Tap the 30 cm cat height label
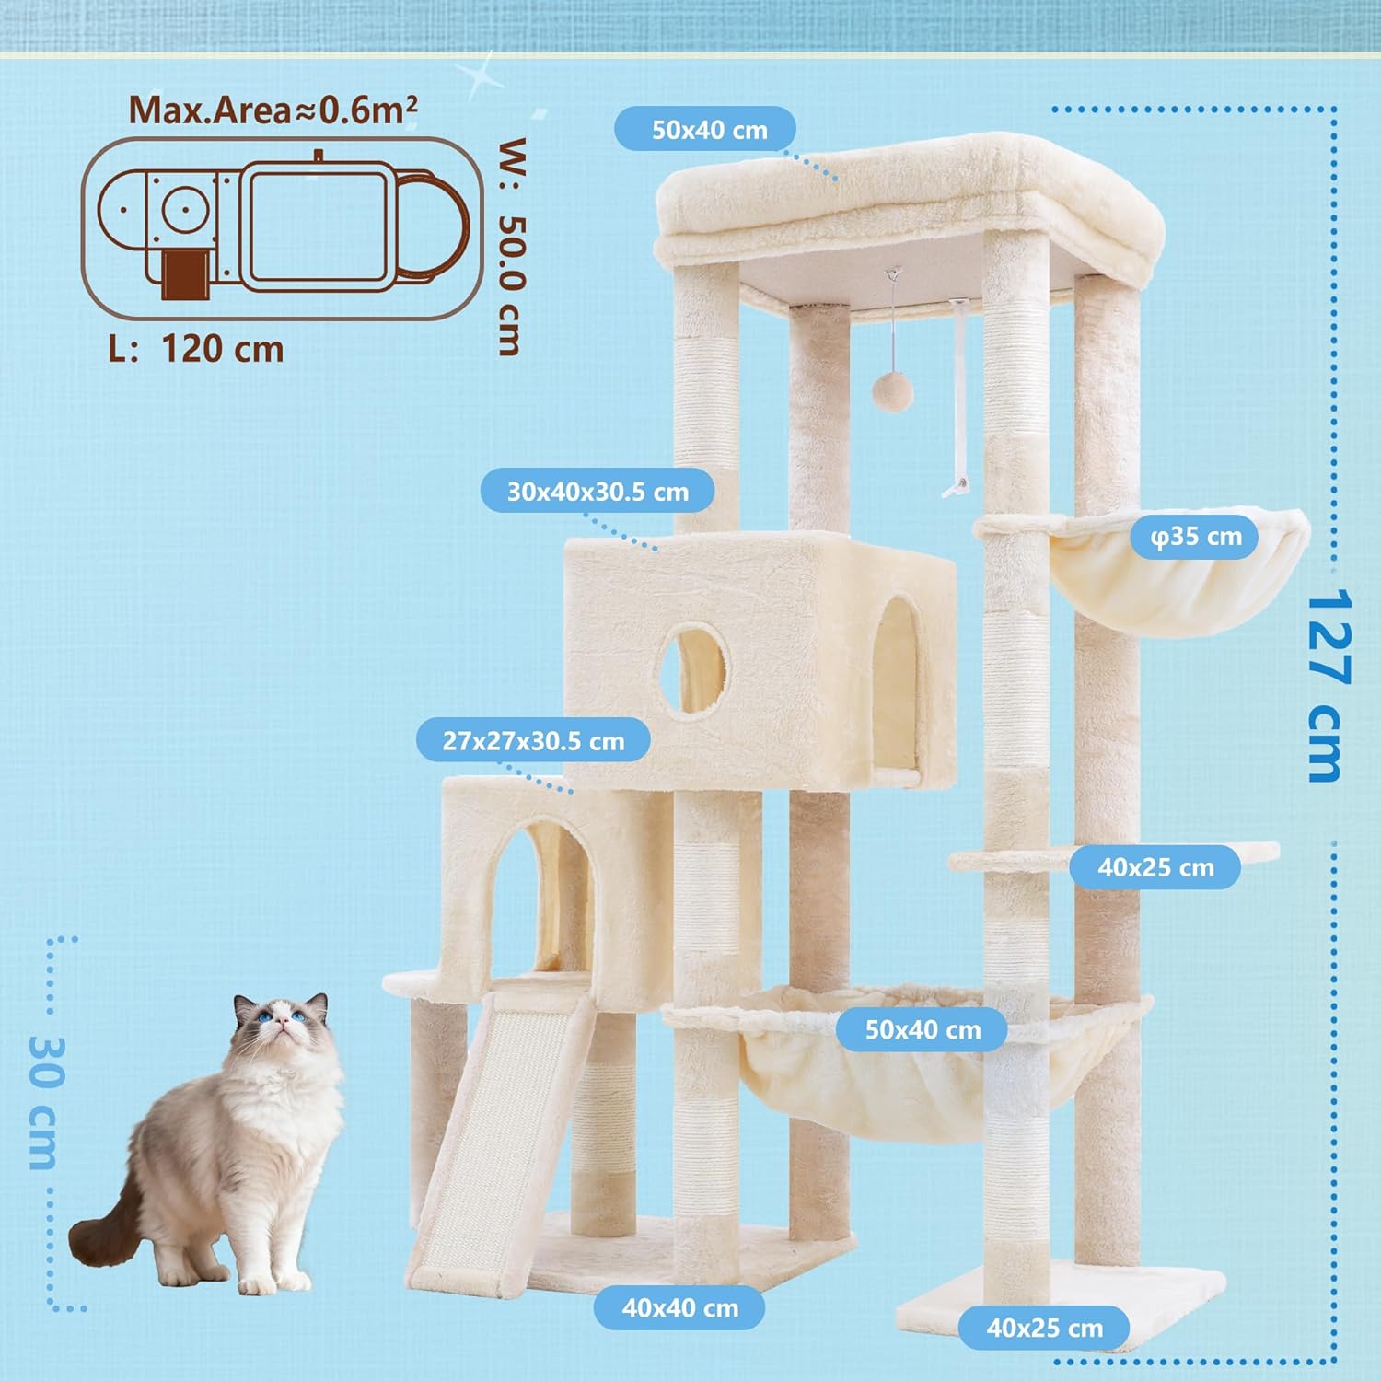point(44,1102)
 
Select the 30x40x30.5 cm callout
point(598,492)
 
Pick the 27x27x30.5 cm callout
point(533,741)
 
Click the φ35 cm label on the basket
point(1196,536)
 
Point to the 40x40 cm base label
point(679,1308)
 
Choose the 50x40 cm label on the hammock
point(923,1029)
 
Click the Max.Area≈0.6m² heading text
point(273,109)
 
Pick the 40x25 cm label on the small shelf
point(1155,867)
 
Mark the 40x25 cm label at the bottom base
point(1044,1328)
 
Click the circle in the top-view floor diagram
point(183,211)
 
